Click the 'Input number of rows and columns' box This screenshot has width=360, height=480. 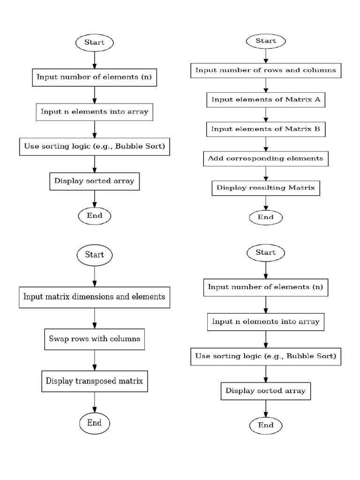pos(266,70)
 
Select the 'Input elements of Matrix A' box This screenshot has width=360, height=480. pos(266,99)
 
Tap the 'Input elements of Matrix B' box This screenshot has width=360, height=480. pos(266,129)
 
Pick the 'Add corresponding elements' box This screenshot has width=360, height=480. pos(266,158)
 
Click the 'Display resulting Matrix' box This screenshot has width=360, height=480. pos(266,188)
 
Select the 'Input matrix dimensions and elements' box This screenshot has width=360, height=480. pos(95,297)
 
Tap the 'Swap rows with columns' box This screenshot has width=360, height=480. pos(95,338)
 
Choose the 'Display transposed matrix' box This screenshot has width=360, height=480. pos(95,381)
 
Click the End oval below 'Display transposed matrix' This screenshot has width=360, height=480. pos(95,423)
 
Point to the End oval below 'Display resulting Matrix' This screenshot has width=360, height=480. pos(266,217)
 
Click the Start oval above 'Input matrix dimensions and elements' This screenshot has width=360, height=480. pos(95,255)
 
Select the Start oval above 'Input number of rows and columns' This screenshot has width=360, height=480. pos(266,41)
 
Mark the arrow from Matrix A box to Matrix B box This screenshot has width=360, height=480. pos(266,114)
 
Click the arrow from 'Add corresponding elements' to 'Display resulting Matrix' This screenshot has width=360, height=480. pos(266,173)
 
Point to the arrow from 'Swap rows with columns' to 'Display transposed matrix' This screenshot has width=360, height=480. pos(95,360)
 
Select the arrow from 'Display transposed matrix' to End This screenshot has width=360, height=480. pos(95,402)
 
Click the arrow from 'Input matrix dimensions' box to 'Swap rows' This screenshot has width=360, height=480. pos(95,318)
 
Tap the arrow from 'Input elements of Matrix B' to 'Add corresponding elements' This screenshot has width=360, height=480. pos(266,143)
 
